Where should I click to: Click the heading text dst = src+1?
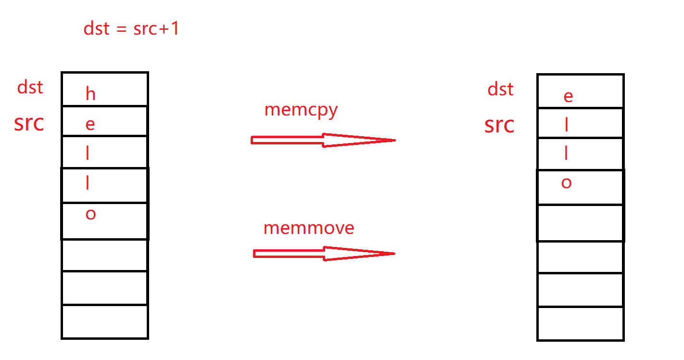pyautogui.click(x=131, y=29)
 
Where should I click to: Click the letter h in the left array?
pyautogui.click(x=90, y=94)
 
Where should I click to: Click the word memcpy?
pyautogui.click(x=301, y=110)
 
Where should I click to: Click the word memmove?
pyautogui.click(x=308, y=228)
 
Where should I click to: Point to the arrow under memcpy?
pyautogui.click(x=322, y=140)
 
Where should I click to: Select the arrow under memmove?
pyautogui.click(x=323, y=254)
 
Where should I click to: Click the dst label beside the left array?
pyautogui.click(x=30, y=88)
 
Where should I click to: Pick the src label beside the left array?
pyautogui.click(x=29, y=123)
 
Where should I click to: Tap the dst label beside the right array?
pyautogui.click(x=500, y=89)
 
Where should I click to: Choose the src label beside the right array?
pyautogui.click(x=499, y=125)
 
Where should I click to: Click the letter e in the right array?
pyautogui.click(x=568, y=97)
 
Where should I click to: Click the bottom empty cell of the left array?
pyautogui.click(x=104, y=321)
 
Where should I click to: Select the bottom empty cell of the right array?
pyautogui.click(x=580, y=324)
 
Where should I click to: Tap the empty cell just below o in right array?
pyautogui.click(x=580, y=222)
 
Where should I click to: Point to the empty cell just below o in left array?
pyautogui.click(x=104, y=255)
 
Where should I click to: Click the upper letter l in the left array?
pyautogui.click(x=88, y=154)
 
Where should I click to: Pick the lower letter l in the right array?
pyautogui.click(x=566, y=154)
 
